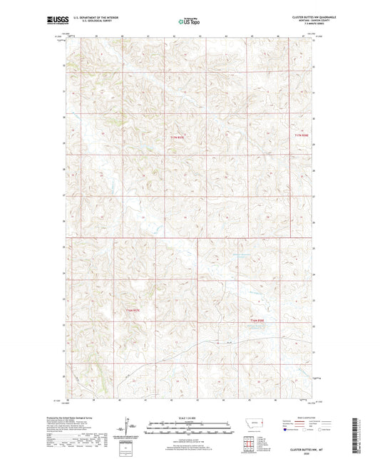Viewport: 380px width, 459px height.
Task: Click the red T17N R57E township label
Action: (176, 137)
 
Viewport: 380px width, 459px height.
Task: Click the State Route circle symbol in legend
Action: (329, 430)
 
